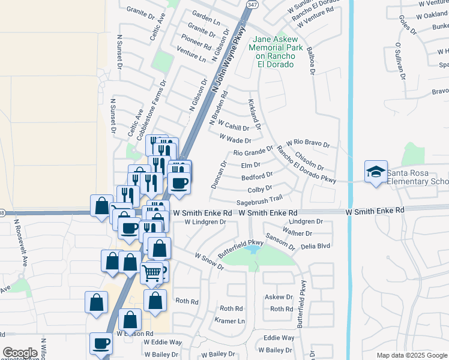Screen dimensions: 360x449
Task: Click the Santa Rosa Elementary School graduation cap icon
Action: click(x=376, y=172)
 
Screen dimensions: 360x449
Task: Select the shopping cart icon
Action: click(x=152, y=273)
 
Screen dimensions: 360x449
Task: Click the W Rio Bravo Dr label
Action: click(x=308, y=143)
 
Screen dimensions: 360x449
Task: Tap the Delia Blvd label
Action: click(x=315, y=245)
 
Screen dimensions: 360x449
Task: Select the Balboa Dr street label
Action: click(x=310, y=61)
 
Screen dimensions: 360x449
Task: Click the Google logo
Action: click(x=20, y=353)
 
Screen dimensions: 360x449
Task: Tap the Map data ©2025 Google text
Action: click(x=412, y=355)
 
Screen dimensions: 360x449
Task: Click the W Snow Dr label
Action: click(x=208, y=260)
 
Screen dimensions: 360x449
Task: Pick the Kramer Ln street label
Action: click(x=231, y=321)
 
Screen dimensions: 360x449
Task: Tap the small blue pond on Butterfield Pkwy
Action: click(x=253, y=248)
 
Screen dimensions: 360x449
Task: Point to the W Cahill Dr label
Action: click(x=233, y=127)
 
